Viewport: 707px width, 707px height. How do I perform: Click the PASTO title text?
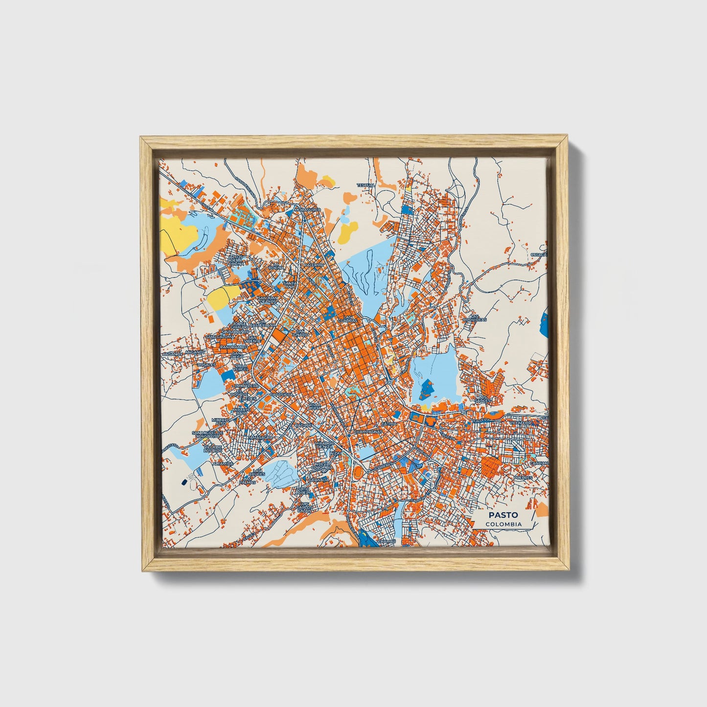coord(502,515)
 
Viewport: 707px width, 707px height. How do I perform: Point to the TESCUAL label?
coord(366,185)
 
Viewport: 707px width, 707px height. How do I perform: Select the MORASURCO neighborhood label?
coord(306,209)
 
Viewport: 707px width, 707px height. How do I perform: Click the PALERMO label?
coord(314,265)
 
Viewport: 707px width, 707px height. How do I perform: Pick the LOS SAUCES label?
coord(482,398)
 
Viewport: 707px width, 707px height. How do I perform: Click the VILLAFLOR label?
coord(520,422)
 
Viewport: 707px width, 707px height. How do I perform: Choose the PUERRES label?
coord(523,477)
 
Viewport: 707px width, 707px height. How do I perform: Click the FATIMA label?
coord(389,423)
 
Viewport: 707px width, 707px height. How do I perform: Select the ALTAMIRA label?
coord(223,462)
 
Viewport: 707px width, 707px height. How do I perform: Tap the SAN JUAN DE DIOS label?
coord(267,299)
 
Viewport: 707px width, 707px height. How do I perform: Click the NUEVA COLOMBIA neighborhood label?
coord(322,465)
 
